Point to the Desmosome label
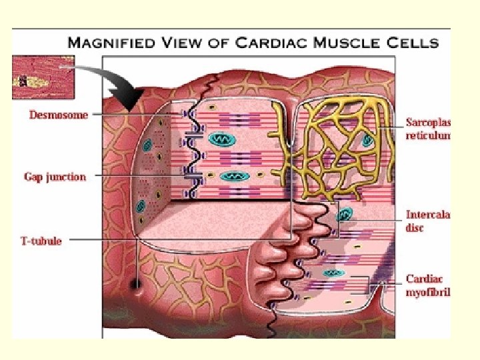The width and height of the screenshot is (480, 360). pyautogui.click(x=59, y=115)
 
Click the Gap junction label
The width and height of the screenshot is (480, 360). pyautogui.click(x=55, y=177)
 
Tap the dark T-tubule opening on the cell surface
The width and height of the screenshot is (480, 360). pyautogui.click(x=137, y=285)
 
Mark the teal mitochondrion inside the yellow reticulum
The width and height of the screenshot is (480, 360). pyautogui.click(x=367, y=141)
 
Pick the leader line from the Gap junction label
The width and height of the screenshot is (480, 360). pyautogui.click(x=140, y=177)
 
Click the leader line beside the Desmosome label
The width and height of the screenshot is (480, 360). pyautogui.click(x=133, y=115)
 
